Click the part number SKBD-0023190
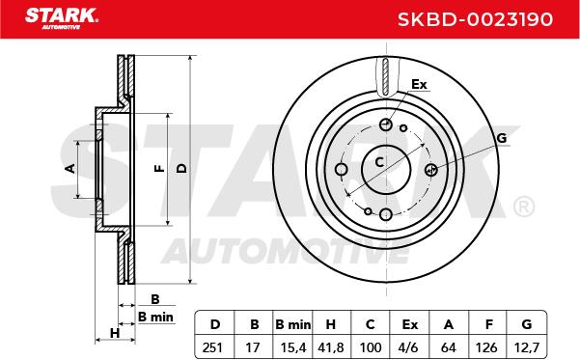pos(475,19)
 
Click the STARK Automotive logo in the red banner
pos(62,18)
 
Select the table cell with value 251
pos(212,347)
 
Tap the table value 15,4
pos(293,347)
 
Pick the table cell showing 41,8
pos(331,347)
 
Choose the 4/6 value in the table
pos(409,347)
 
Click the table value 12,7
pos(526,347)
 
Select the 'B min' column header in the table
pos(293,324)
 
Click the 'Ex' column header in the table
pos(410,324)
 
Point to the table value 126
pos(486,347)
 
